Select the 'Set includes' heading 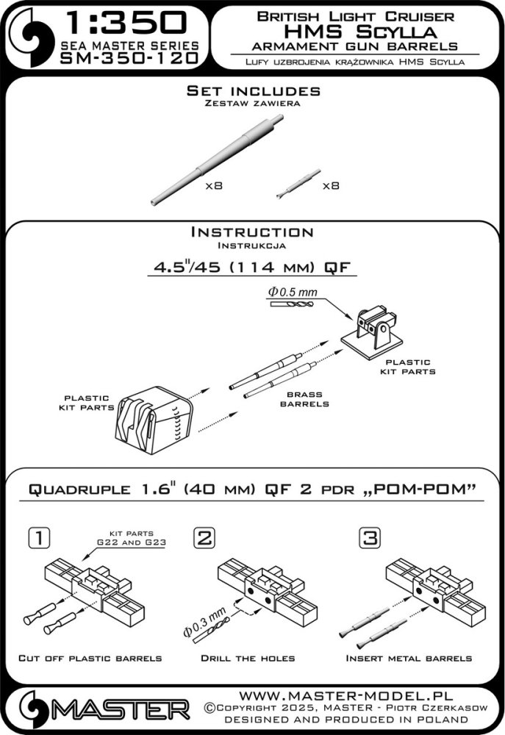(x=253, y=91)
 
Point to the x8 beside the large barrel (x=213, y=187)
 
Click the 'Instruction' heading (x=252, y=232)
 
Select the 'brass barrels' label (x=309, y=399)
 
